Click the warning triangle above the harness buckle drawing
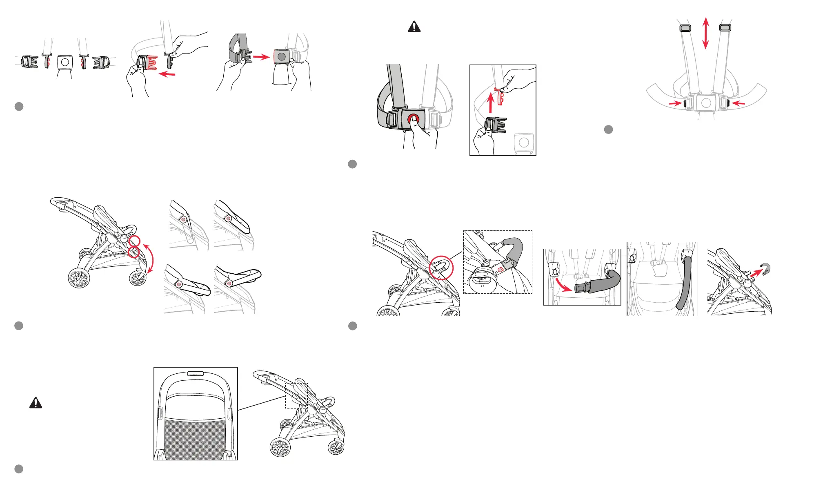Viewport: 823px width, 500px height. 414,27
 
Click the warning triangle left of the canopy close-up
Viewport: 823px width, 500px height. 36,403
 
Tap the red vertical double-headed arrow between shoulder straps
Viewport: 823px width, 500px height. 706,33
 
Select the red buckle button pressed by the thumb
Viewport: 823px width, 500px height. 413,119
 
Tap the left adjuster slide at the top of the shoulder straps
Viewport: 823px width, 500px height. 685,28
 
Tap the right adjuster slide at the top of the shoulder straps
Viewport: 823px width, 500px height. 725,28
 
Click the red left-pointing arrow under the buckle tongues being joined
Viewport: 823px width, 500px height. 167,74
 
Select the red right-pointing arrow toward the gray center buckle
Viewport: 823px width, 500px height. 261,57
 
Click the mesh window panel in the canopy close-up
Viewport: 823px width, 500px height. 195,439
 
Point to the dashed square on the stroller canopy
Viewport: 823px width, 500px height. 296,395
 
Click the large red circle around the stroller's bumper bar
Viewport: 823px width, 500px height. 441,268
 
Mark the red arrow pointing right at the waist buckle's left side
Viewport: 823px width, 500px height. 676,103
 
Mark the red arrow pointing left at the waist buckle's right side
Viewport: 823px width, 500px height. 738,103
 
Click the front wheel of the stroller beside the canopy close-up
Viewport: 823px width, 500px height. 336,447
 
